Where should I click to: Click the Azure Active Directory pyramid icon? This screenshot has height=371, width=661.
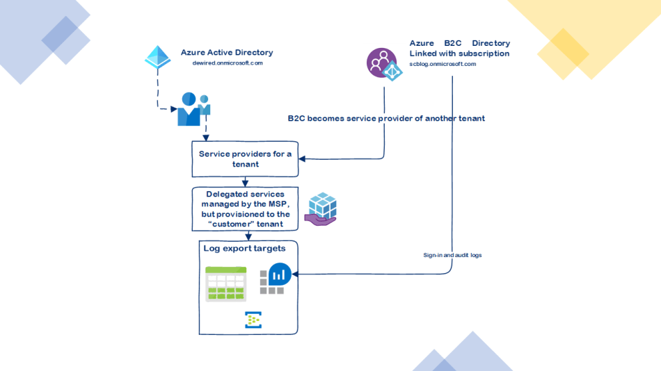pyautogui.click(x=157, y=57)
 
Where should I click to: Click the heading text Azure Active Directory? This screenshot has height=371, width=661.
pyautogui.click(x=227, y=52)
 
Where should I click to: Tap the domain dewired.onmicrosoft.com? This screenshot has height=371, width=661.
pyautogui.click(x=228, y=63)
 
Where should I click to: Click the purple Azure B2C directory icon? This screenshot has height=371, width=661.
pyautogui.click(x=381, y=63)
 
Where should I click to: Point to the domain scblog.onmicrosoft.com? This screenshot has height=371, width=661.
pyautogui.click(x=443, y=64)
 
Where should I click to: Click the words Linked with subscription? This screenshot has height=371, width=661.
pyautogui.click(x=459, y=53)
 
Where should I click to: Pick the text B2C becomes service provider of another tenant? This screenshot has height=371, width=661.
pyautogui.click(x=386, y=119)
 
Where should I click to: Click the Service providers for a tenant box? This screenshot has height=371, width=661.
pyautogui.click(x=245, y=159)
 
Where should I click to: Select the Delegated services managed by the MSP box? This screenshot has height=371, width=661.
pyautogui.click(x=245, y=208)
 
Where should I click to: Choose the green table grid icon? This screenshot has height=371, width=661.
pyautogui.click(x=226, y=283)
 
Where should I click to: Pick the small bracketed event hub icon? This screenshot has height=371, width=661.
pyautogui.click(x=253, y=320)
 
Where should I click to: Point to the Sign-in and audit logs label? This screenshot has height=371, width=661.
pyautogui.click(x=452, y=256)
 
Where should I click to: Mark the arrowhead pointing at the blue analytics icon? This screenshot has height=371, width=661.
pyautogui.click(x=295, y=274)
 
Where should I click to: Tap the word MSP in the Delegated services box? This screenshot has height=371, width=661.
pyautogui.click(x=276, y=204)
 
